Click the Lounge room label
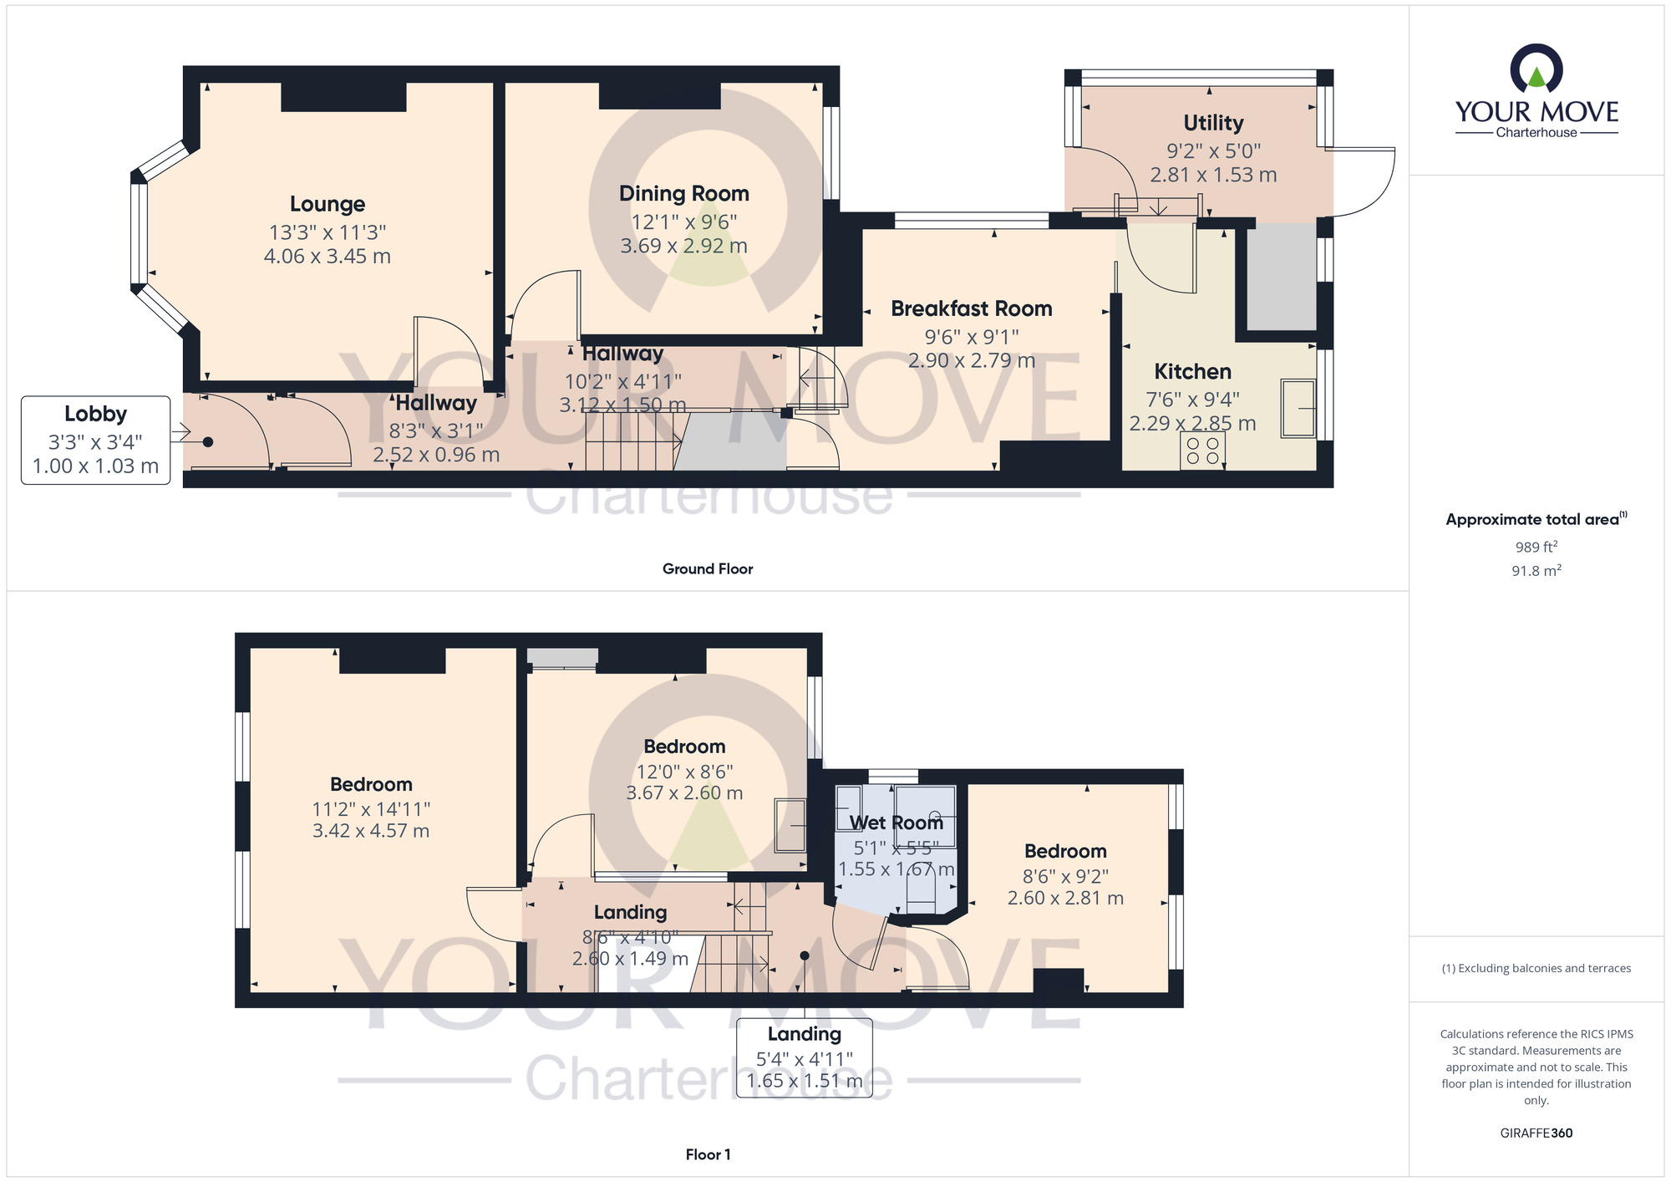coord(328,204)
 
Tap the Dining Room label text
coord(684,193)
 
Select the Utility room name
coord(1213,123)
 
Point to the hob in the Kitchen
coord(1202,451)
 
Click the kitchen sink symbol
coord(1298,408)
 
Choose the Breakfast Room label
coord(972,308)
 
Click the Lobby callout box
coord(96,441)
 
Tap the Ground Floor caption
coord(708,568)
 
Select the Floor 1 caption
coord(708,1154)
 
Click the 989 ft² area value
coord(1536,547)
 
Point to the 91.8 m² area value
coord(1536,570)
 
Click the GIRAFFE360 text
coord(1536,1134)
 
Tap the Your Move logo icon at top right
coord(1536,68)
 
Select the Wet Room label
coord(896,823)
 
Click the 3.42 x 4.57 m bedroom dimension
coord(371,831)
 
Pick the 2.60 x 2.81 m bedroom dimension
coord(1065,898)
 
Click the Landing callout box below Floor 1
coord(805,1057)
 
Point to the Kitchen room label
coord(1192,371)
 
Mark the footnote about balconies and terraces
coord(1536,968)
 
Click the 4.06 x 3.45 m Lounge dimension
coord(328,256)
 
